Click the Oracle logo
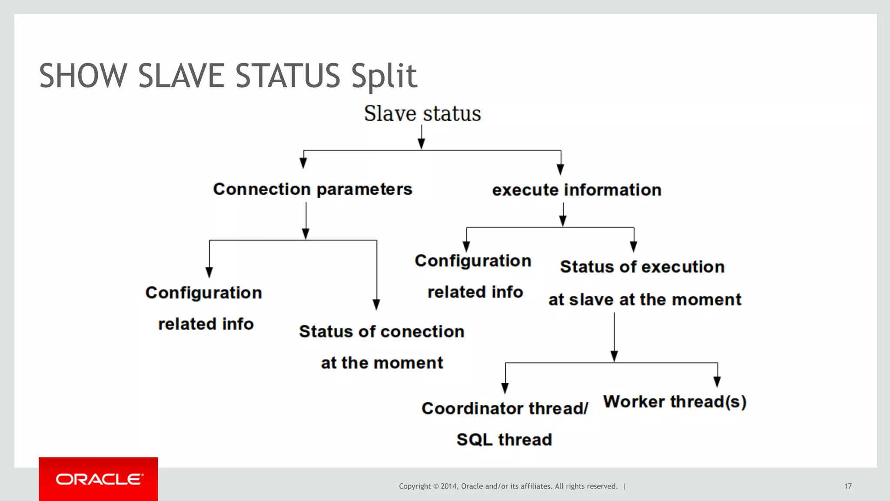99,479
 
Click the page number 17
848,486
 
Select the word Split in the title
384,76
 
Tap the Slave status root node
422,114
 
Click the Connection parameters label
312,189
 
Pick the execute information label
577,190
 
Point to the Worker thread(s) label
675,402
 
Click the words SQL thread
504,440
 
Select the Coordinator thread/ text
505,408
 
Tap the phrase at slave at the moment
645,300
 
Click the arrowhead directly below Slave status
421,144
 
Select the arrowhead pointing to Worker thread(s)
717,382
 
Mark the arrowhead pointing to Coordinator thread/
505,388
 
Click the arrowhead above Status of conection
376,305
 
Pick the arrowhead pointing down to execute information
561,169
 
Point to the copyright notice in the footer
508,486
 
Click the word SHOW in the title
83,76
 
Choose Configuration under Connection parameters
203,293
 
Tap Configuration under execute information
473,261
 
